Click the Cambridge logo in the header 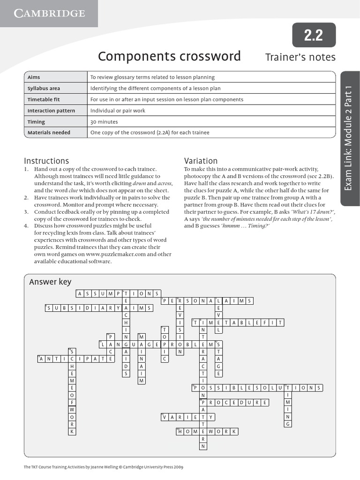[49, 13]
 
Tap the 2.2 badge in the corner [314, 35]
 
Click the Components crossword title [169, 57]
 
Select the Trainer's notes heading [300, 57]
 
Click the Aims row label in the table [34, 77]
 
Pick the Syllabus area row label [44, 88]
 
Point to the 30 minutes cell [105, 122]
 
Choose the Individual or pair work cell [118, 111]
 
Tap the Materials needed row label [49, 133]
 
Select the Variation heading [201, 161]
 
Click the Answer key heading [50, 282]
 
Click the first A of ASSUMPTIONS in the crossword [80, 293]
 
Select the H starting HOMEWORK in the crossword [180, 431]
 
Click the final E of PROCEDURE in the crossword [265, 402]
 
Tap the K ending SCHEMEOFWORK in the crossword [72, 431]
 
